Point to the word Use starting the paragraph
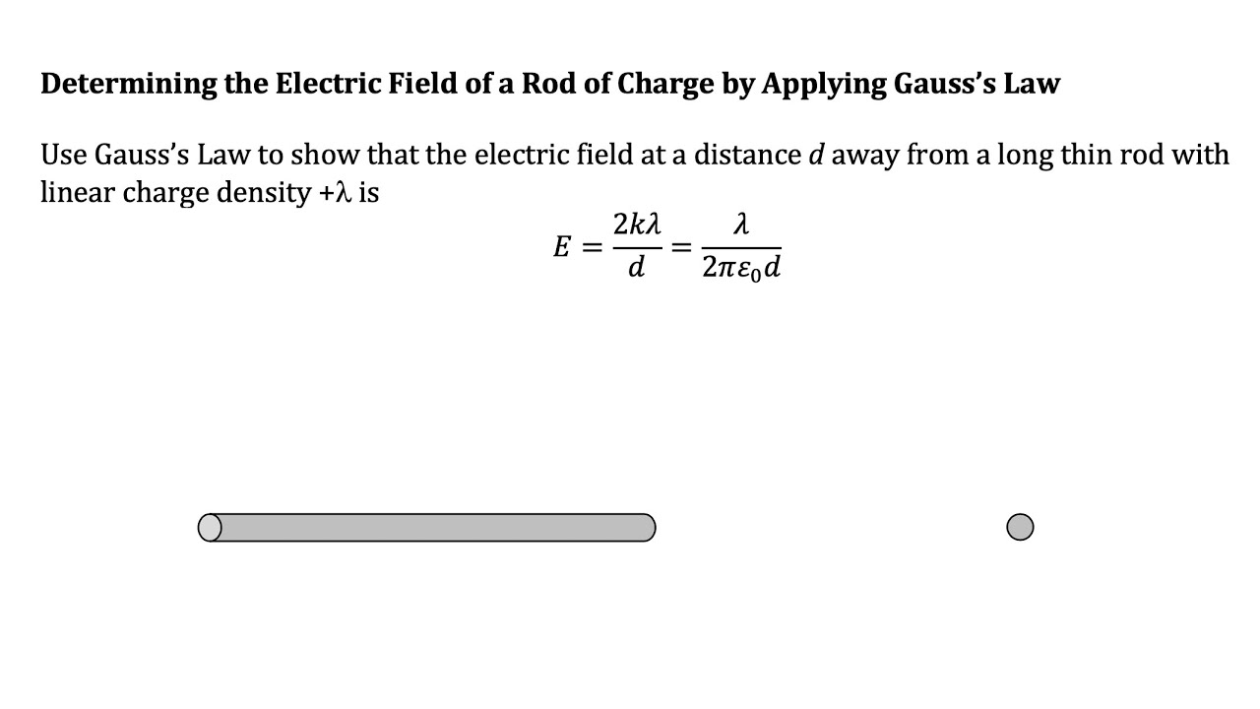tap(64, 156)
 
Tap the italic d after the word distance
tap(815, 156)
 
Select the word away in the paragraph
tap(864, 156)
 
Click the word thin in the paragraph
tap(1086, 156)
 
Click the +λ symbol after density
tap(336, 193)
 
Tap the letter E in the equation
tap(562, 247)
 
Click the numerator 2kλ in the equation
tap(636, 226)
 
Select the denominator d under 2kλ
tap(636, 268)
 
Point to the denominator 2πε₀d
tap(742, 269)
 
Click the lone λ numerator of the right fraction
tap(741, 226)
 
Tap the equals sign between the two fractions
tap(681, 247)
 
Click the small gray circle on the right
tap(1020, 528)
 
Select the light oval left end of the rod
tap(210, 528)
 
